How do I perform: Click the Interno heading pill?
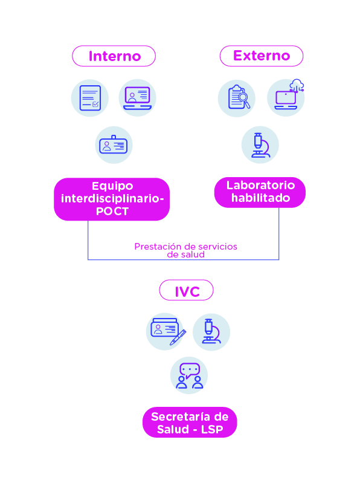(114, 56)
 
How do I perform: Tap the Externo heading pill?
(262, 56)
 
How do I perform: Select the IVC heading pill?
(186, 290)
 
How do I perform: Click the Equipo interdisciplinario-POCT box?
(112, 199)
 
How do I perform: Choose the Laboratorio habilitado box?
(260, 192)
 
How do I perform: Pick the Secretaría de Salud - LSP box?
(190, 422)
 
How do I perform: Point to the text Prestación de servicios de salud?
(185, 250)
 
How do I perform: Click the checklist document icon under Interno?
(90, 98)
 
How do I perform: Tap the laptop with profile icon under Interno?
(137, 98)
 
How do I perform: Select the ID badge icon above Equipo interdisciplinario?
(114, 145)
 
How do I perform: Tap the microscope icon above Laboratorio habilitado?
(260, 145)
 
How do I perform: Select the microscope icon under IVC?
(211, 332)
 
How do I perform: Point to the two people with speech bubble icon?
(189, 375)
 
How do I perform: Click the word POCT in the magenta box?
(112, 211)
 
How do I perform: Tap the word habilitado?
(260, 198)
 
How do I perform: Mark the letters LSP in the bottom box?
(212, 429)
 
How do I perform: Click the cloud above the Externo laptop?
(297, 84)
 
